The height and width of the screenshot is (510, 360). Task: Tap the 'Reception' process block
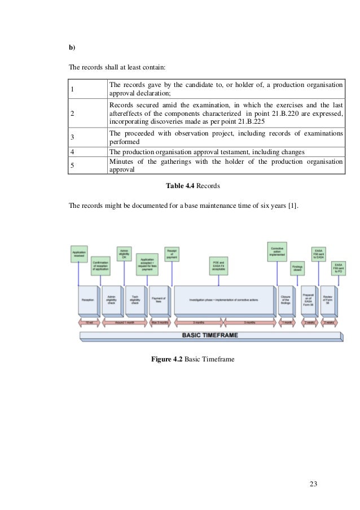click(88, 300)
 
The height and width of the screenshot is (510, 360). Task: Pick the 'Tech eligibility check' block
click(135, 300)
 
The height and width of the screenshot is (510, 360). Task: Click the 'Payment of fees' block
click(158, 300)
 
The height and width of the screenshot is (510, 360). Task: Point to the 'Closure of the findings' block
click(285, 300)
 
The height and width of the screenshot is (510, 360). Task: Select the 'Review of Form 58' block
click(327, 300)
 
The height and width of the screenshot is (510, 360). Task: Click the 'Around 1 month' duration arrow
click(123, 322)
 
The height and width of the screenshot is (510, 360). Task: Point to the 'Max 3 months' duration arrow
click(160, 322)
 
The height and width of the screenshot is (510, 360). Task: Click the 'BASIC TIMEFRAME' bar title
click(209, 335)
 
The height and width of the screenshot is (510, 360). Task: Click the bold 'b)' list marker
click(72, 47)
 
